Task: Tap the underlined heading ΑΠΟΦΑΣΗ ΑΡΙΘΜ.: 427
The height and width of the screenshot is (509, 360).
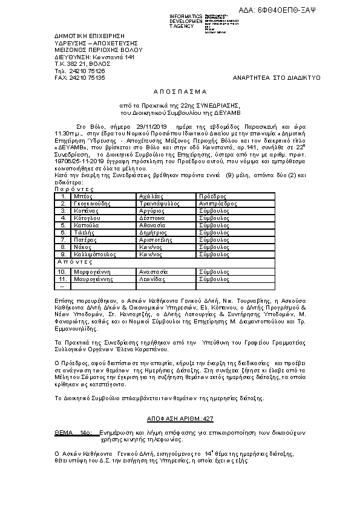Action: point(180,418)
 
